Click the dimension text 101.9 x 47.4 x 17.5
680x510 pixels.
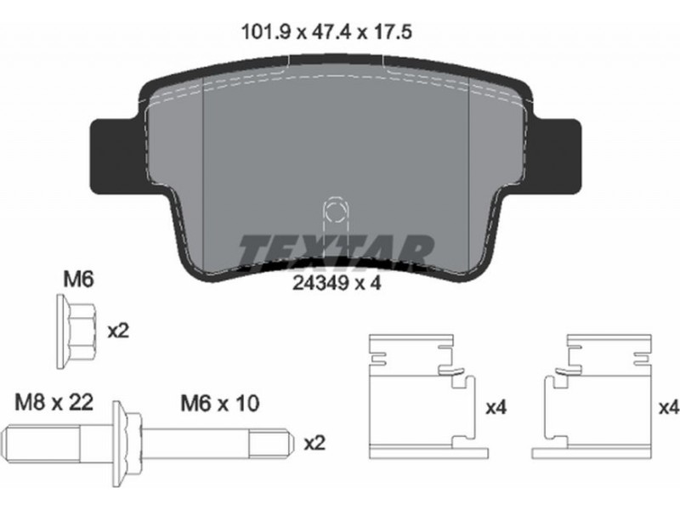click(326, 32)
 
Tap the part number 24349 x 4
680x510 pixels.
click(337, 284)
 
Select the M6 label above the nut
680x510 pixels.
click(78, 280)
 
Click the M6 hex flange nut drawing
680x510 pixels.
click(76, 331)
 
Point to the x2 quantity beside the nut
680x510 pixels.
click(118, 331)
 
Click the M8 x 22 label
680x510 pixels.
click(54, 402)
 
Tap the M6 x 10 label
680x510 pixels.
click(220, 403)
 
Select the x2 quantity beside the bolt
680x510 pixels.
click(314, 443)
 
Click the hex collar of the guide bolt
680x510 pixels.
click(127, 443)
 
